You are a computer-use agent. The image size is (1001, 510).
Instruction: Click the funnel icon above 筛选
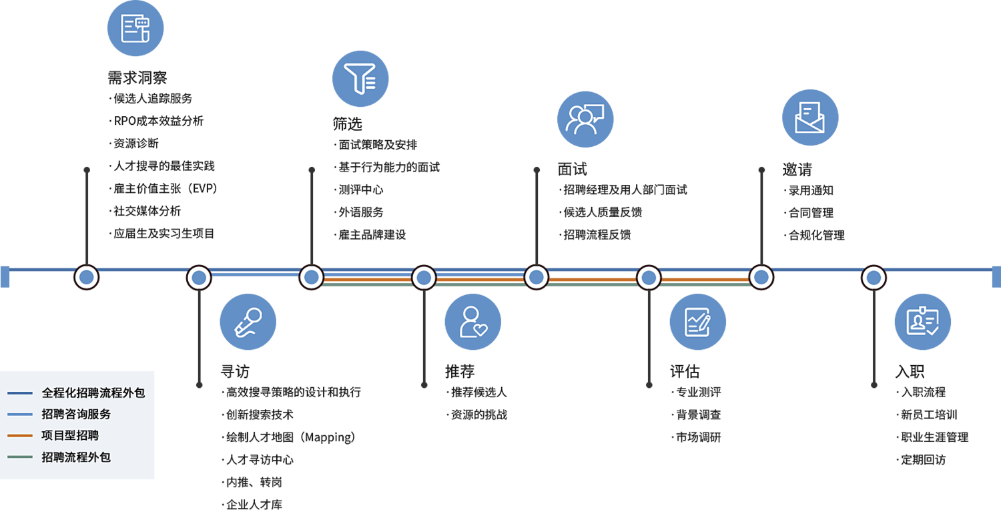(x=360, y=79)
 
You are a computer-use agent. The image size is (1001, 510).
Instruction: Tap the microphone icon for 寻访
(x=248, y=322)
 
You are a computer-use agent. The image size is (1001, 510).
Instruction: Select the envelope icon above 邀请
(x=810, y=118)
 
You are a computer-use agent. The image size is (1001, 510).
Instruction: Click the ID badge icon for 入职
(x=922, y=322)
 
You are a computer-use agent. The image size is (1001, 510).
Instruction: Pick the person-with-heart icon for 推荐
(x=472, y=322)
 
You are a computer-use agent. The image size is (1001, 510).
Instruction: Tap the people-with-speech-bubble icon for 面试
(x=585, y=119)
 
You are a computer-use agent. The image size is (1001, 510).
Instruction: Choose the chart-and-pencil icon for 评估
(x=697, y=322)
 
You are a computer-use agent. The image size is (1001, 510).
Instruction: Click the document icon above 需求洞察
(x=135, y=29)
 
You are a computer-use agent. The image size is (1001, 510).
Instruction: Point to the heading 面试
(x=572, y=169)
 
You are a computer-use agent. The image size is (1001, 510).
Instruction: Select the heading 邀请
(x=797, y=169)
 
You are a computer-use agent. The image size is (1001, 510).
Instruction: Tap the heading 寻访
(x=235, y=371)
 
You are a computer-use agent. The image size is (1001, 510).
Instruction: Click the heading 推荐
(x=460, y=371)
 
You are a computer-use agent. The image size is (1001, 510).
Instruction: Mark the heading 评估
(x=685, y=371)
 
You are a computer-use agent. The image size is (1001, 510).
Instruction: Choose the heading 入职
(x=909, y=371)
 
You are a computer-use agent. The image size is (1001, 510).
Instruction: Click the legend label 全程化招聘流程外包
(x=93, y=393)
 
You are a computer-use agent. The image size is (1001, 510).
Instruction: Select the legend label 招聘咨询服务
(x=76, y=414)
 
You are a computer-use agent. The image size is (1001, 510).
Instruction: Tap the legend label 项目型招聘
(x=70, y=435)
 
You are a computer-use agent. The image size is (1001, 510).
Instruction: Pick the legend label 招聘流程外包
(x=76, y=457)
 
